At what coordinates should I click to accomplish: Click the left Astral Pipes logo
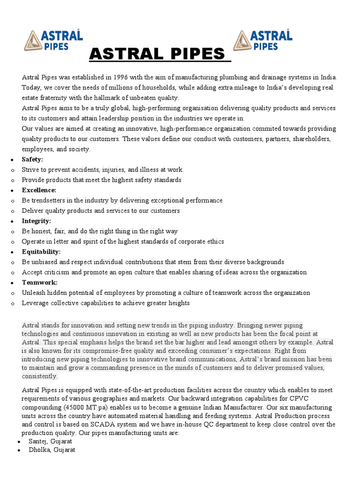pos(54,40)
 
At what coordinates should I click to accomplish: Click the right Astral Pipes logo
pos(263,40)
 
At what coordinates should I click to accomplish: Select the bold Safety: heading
pos(32,159)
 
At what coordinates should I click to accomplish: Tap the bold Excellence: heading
pos(39,190)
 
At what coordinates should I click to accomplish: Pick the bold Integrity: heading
pos(37,221)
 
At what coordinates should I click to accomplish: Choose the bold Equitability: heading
pos(41,252)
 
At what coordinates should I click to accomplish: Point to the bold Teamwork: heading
pos(40,283)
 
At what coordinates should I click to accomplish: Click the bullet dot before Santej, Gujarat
pos(18,442)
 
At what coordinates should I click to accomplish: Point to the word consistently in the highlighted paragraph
pos(40,376)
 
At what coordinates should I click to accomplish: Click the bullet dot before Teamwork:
pos(12,283)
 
